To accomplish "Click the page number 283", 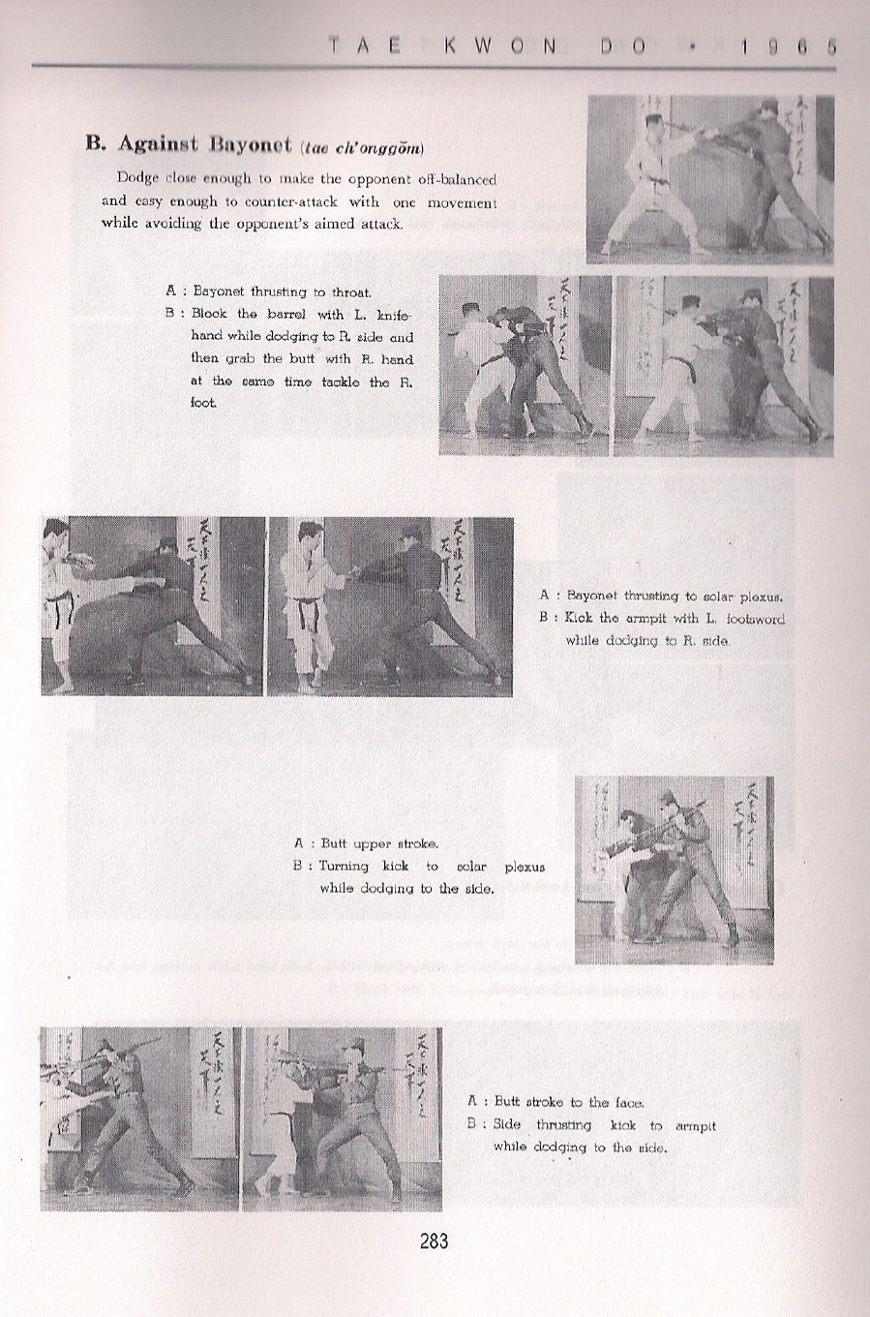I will coord(434,1240).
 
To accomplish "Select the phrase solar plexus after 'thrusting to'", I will coord(745,597).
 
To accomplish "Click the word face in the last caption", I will coord(626,1102).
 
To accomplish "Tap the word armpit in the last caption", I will coord(694,1125).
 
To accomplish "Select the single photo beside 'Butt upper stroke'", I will coord(674,870).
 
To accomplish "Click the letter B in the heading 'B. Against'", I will coord(94,144).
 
